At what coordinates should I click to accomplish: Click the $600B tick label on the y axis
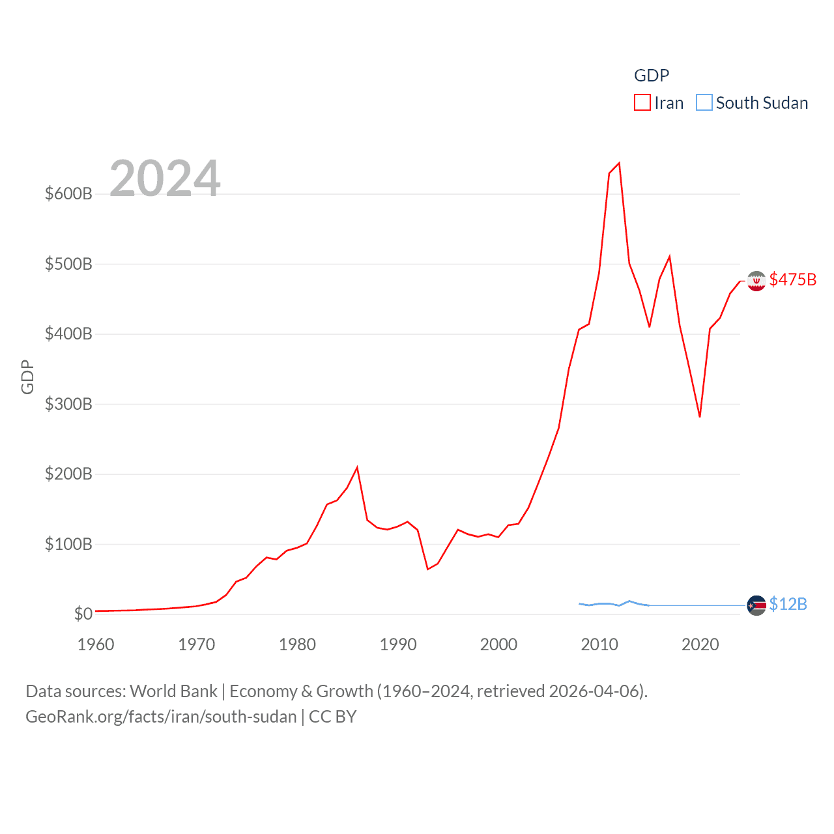click(68, 194)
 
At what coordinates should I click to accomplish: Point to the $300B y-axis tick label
click(68, 404)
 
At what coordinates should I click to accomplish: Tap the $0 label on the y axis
click(83, 614)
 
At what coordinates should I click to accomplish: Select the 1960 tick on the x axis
click(96, 644)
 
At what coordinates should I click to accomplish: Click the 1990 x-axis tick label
click(398, 644)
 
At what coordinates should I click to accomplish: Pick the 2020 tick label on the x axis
click(700, 644)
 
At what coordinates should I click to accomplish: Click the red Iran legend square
click(642, 103)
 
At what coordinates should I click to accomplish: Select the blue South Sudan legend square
click(704, 103)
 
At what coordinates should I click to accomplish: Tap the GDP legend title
click(652, 76)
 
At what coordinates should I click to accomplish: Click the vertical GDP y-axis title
click(27, 377)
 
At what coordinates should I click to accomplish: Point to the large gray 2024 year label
click(165, 179)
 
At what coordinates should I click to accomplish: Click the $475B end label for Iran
click(792, 280)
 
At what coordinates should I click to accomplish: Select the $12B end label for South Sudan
click(788, 604)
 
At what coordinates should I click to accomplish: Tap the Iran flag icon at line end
click(756, 281)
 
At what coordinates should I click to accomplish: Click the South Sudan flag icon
click(756, 605)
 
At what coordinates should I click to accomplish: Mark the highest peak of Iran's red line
click(619, 163)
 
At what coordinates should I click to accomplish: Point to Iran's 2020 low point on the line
click(700, 416)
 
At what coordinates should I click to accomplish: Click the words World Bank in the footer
click(173, 691)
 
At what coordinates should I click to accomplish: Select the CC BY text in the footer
click(332, 717)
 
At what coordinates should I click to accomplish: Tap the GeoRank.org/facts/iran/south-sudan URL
click(161, 717)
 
